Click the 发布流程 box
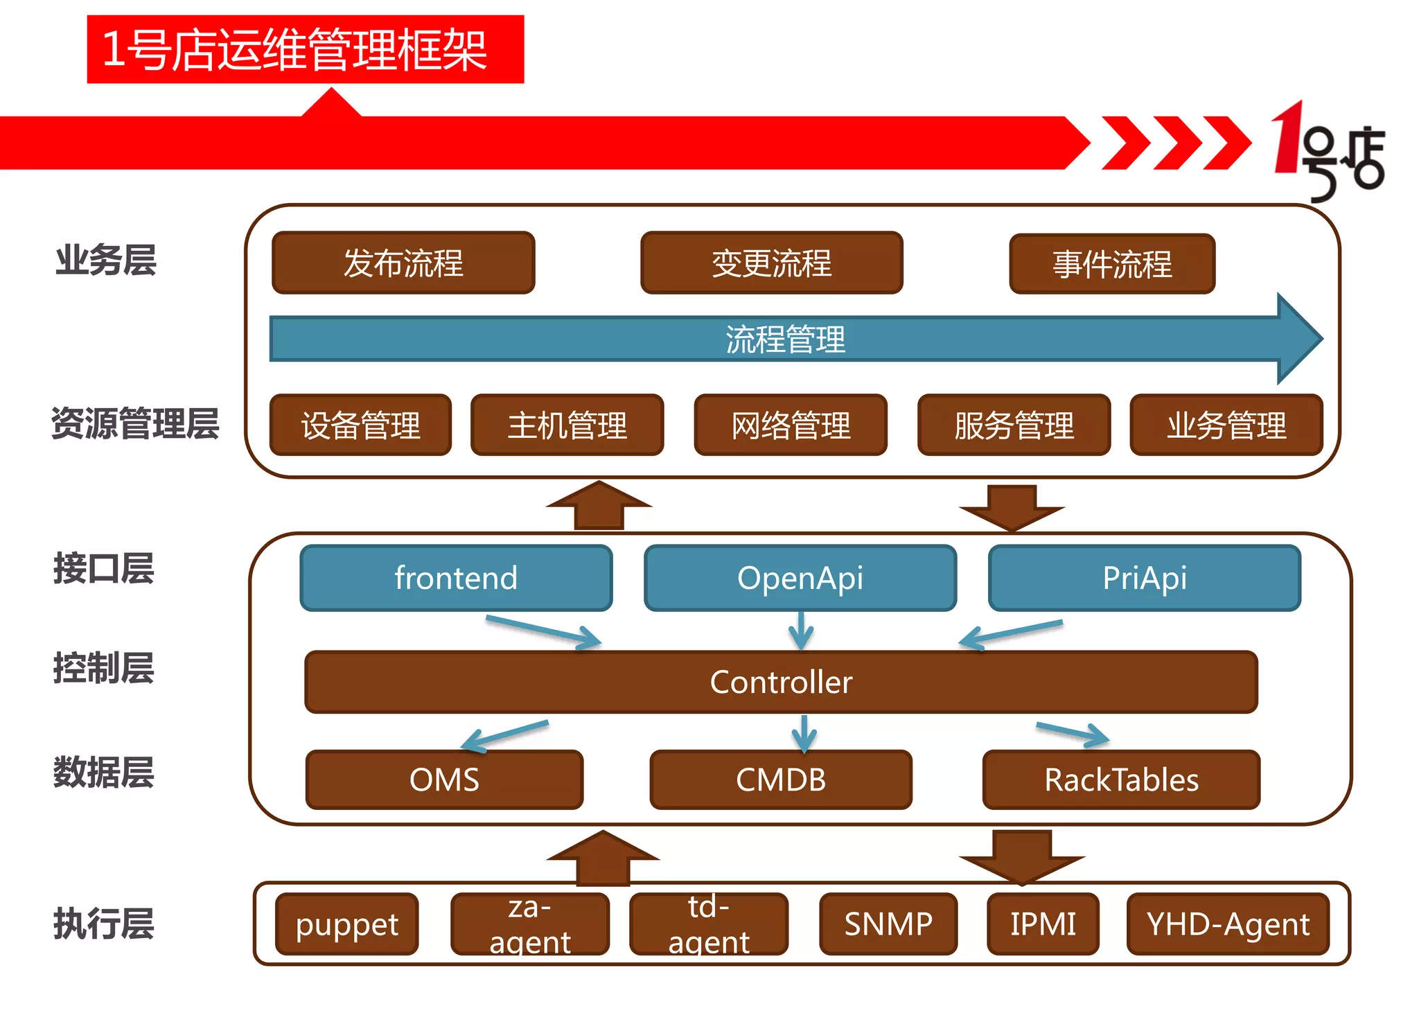[403, 263]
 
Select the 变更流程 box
[771, 263]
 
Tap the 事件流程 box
[1111, 264]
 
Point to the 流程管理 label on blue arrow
[785, 340]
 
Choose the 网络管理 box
[791, 425]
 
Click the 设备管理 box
[360, 425]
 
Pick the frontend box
[456, 578]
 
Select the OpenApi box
[800, 578]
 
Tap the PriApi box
[1144, 578]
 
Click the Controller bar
[781, 682]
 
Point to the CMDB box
[781, 779]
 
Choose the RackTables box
[1121, 779]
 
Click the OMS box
[444, 779]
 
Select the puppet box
[346, 924]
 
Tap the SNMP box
[888, 924]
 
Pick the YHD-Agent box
[1228, 924]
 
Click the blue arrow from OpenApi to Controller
[801, 631]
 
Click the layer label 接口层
[104, 569]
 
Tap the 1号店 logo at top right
[1327, 152]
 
